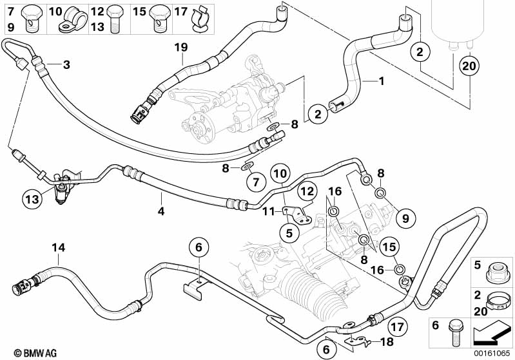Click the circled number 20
pyautogui.click(x=470, y=65)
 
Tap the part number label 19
pyautogui.click(x=181, y=47)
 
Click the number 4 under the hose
pyautogui.click(x=161, y=211)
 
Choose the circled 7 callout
pyautogui.click(x=255, y=182)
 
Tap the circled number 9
pyautogui.click(x=405, y=219)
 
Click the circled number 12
pyautogui.click(x=307, y=191)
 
